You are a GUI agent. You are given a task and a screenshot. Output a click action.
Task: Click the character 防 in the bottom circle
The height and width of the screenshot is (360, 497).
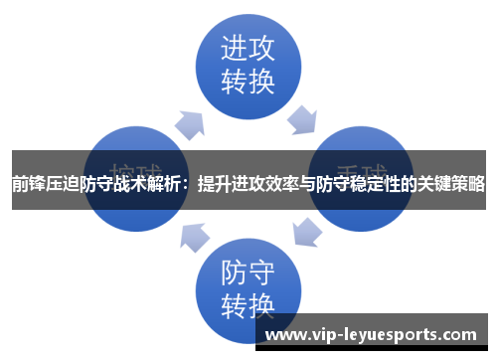(233, 270)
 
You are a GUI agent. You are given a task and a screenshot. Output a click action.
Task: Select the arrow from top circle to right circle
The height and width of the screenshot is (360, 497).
(302, 120)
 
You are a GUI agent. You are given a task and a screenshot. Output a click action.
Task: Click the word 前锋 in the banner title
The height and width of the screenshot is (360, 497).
(28, 184)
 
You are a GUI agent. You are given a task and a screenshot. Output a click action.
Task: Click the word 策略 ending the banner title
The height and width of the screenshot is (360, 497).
(468, 184)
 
